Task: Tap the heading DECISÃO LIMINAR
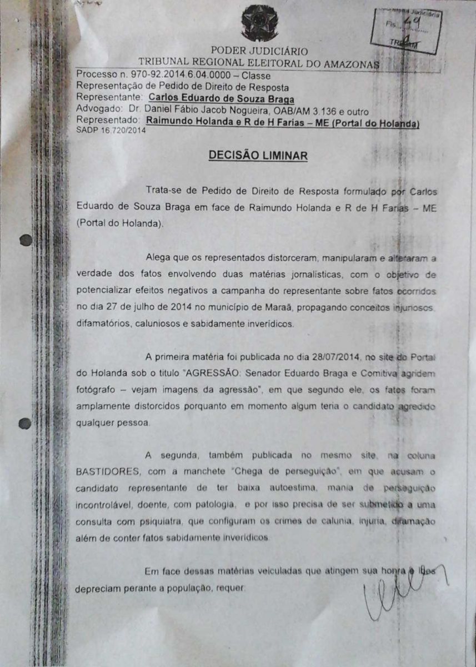[x=258, y=156]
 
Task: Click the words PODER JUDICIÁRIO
[x=243, y=51]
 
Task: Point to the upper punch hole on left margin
[x=25, y=241]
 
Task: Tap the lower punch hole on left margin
[x=24, y=424]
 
